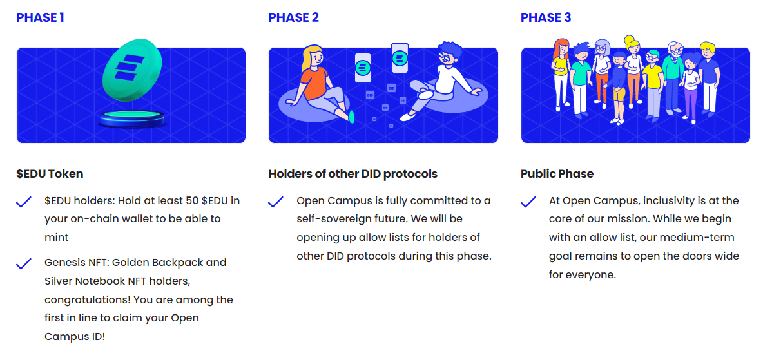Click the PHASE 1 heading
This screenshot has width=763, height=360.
40,17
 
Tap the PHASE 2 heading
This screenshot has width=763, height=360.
293,17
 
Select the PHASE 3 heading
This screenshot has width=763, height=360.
546,17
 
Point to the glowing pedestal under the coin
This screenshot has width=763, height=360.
132,118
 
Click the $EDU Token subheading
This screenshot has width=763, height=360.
50,174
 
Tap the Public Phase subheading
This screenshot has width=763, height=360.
557,174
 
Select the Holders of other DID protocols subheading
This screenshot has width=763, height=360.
353,174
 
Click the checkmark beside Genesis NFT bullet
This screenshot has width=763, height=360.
24,263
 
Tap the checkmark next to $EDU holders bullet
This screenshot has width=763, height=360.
24,202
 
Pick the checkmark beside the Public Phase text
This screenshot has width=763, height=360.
528,202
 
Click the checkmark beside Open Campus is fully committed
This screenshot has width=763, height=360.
276,202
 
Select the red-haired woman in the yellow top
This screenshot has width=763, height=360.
561,73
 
